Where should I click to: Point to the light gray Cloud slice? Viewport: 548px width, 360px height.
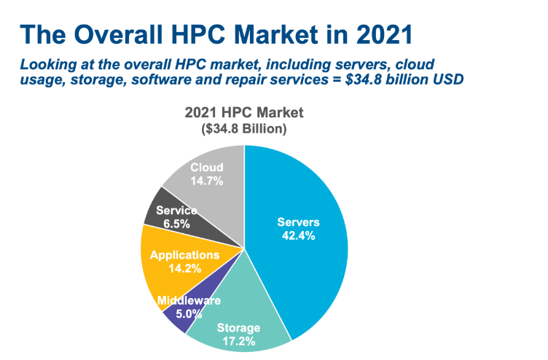click(x=219, y=157)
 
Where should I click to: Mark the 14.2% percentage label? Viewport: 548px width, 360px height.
click(x=184, y=268)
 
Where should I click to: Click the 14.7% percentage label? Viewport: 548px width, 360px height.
click(x=206, y=180)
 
